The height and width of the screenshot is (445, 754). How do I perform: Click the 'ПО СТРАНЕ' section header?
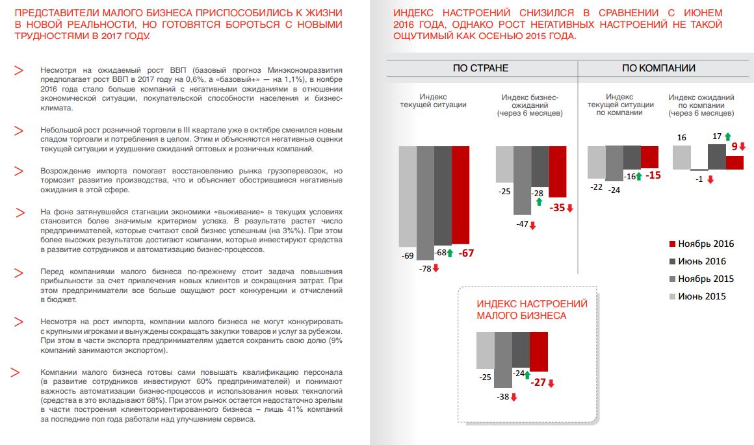coord(480,68)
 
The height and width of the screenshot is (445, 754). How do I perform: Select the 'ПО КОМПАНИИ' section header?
coord(658,68)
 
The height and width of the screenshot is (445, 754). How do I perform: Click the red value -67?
coord(466,253)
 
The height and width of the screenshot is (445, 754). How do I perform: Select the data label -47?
coord(521,224)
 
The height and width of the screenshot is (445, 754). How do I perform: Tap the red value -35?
coord(557,208)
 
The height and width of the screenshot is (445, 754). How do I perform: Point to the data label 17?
coord(717,137)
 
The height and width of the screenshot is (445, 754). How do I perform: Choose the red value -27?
coord(538,383)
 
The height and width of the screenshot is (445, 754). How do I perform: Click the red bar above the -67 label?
coord(460,195)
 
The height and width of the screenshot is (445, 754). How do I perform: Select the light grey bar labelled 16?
coord(681,158)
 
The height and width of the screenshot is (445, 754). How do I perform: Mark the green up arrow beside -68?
coord(449,253)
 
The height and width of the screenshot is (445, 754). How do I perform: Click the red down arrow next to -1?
coord(710,180)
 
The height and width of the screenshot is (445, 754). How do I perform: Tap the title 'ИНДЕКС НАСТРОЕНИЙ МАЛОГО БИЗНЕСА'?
coord(532,309)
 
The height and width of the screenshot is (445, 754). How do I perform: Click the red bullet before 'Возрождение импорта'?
coord(19,172)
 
